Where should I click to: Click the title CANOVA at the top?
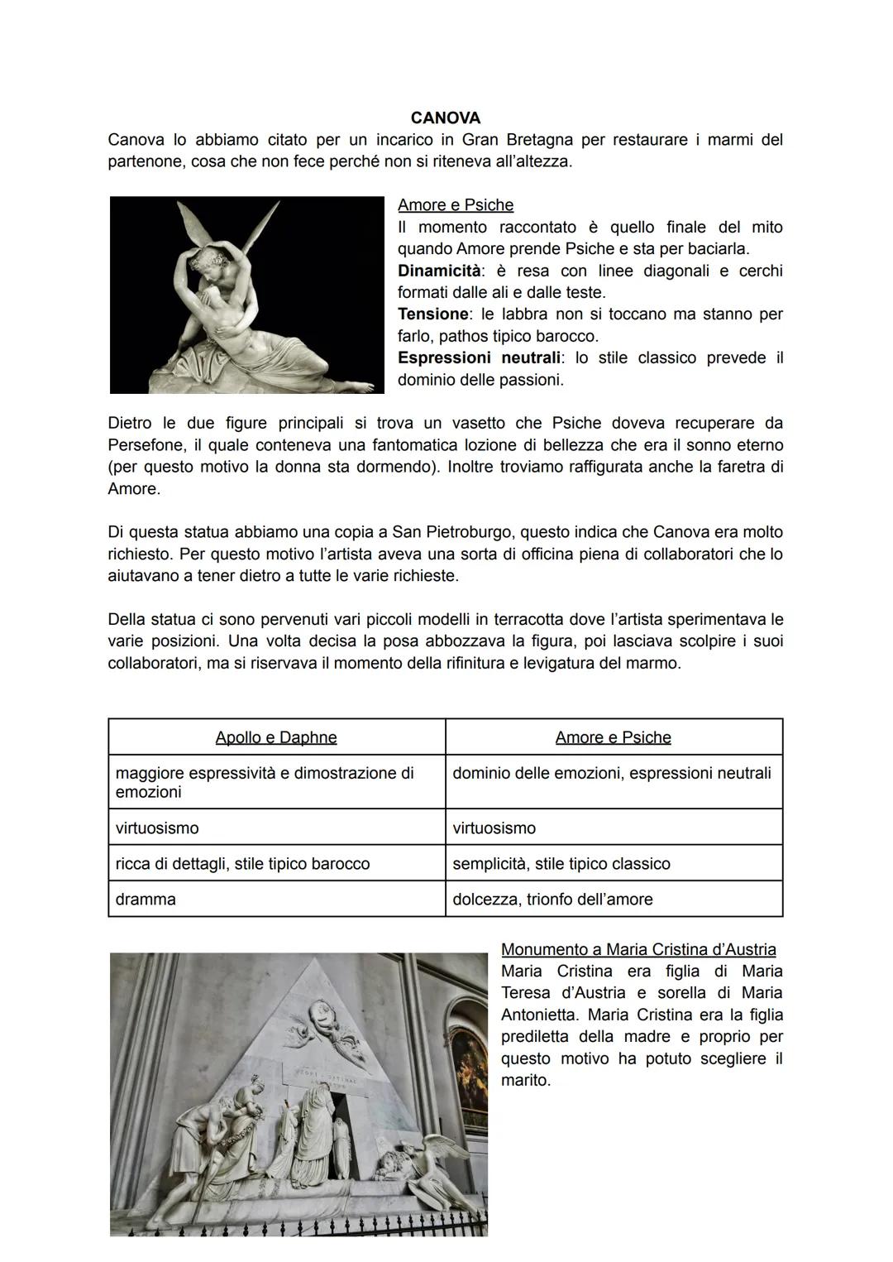445,118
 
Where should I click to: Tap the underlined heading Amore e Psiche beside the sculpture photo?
455,204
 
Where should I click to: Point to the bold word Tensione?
433,314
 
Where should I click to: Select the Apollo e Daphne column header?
275,737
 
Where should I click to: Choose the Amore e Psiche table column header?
613,737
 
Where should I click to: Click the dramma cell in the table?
146,900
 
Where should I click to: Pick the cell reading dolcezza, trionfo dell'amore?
552,900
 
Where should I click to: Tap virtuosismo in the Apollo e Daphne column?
157,828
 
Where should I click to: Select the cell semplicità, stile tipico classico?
561,864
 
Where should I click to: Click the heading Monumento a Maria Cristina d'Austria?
638,949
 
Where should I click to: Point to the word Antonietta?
540,1015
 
